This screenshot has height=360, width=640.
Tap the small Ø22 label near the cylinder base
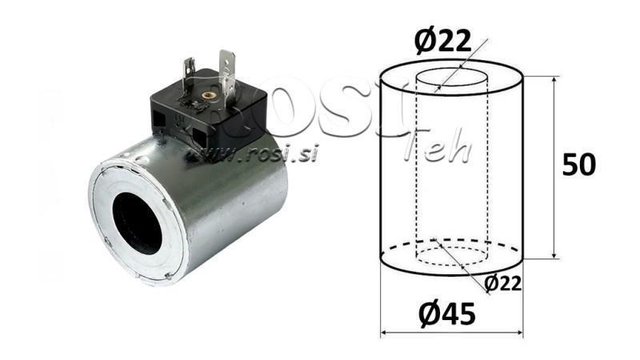pos(503,282)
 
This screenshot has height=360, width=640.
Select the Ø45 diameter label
pos(446,315)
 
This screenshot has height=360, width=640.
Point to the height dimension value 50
pos(578,165)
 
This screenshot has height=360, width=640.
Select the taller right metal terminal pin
pos(227,70)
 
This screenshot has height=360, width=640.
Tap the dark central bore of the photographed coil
pos(138,222)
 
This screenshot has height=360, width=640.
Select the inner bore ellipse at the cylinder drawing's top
pos(451,78)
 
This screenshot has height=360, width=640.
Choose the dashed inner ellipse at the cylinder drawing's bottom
pos(451,256)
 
